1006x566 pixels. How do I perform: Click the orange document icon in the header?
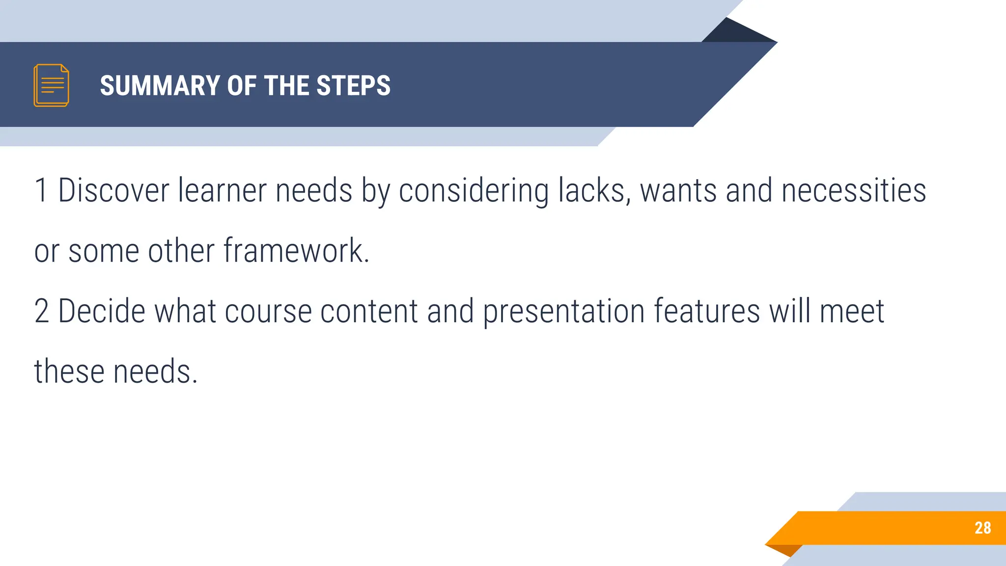pos(51,85)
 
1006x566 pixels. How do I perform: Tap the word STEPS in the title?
pos(353,85)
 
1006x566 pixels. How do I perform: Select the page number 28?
pos(982,528)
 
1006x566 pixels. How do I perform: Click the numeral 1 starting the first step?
pos(41,191)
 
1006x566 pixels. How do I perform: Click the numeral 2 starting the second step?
pos(42,311)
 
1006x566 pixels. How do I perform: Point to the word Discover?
pos(113,191)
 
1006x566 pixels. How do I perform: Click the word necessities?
pos(854,191)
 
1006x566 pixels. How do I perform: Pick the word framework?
pos(296,251)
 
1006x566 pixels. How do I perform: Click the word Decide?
pos(102,311)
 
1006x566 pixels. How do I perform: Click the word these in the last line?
pos(69,371)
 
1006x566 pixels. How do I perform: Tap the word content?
pos(368,311)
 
